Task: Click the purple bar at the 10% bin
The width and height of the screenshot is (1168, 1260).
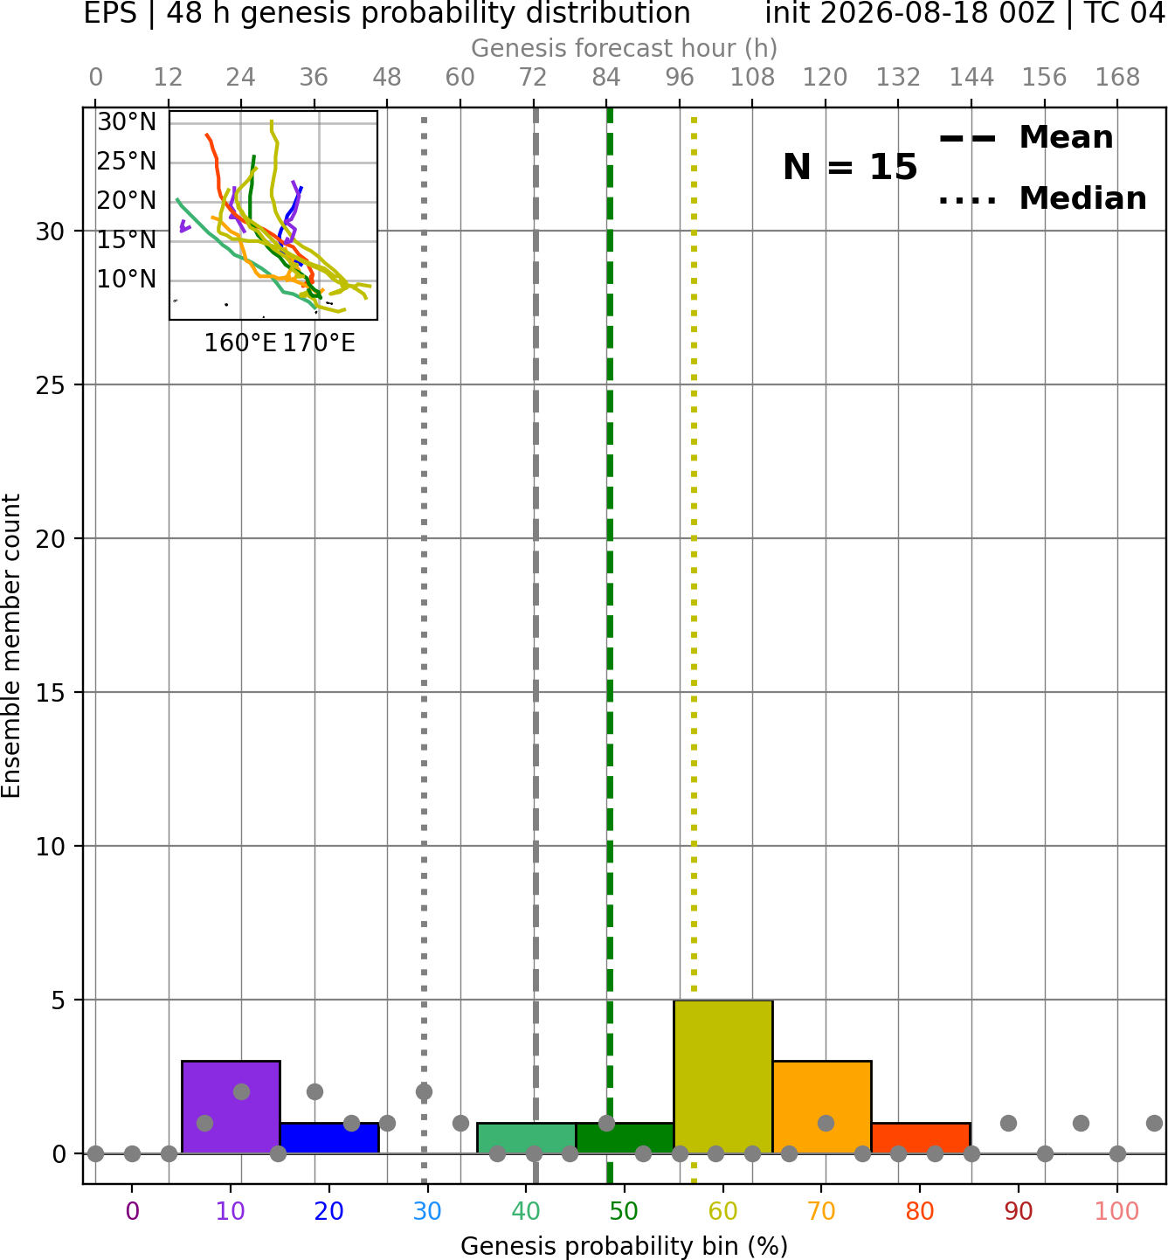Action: tap(231, 1107)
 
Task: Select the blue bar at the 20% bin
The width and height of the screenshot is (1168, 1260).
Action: tap(329, 1139)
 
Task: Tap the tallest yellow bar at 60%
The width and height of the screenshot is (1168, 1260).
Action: tap(723, 1077)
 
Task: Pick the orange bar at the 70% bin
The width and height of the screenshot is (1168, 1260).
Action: tap(822, 1107)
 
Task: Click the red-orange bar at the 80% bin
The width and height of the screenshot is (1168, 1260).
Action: tap(921, 1139)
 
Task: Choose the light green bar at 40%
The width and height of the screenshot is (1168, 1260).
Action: tap(527, 1139)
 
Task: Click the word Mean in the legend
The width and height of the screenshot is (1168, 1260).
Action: tap(1066, 137)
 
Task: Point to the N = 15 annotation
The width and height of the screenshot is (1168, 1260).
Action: tap(850, 167)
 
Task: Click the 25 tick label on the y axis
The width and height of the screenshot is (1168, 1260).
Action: tap(51, 385)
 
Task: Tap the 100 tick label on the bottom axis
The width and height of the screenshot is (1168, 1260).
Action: tap(1117, 1211)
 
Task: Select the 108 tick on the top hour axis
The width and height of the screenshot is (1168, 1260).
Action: tap(752, 78)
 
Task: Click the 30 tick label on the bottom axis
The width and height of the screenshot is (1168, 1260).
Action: tap(427, 1211)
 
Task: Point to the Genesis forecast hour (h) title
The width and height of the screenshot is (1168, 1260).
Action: tap(625, 48)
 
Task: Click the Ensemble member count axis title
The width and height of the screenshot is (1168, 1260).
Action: tap(11, 646)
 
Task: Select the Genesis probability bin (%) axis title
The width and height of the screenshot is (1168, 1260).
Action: tap(625, 1246)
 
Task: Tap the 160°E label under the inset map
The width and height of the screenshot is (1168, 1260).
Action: tap(240, 343)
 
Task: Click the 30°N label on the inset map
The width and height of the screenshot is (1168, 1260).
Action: tap(127, 121)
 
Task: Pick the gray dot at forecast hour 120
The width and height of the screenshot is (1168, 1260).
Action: tap(826, 1123)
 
